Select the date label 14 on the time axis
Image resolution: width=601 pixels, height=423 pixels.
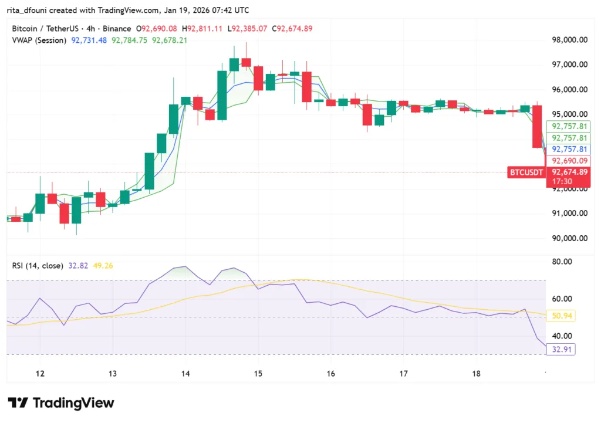pos(185,374)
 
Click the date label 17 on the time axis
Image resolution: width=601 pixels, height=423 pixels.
pos(404,374)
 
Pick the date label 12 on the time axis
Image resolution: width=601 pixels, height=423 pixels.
pos(40,374)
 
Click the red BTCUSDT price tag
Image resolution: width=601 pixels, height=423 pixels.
pos(526,172)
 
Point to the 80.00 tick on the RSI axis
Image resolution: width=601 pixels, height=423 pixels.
pos(562,262)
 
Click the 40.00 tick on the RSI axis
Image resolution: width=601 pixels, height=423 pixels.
pos(562,336)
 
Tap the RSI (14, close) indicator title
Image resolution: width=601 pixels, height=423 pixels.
pos(38,266)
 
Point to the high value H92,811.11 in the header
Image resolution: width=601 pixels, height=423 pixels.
pos(202,28)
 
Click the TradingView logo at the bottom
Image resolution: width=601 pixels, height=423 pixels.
pos(60,403)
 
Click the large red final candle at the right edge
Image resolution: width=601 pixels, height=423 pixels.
pos(537,127)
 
